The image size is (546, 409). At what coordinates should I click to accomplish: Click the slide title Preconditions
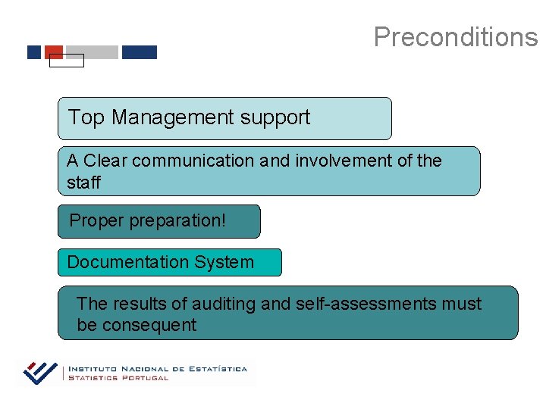(455, 36)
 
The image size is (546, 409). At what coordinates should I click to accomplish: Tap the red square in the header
(54, 52)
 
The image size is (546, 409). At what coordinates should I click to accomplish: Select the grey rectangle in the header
(92, 52)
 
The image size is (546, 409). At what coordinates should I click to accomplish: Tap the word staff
(83, 183)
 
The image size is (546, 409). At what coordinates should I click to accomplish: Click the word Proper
(96, 221)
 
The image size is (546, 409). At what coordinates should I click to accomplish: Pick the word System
(224, 262)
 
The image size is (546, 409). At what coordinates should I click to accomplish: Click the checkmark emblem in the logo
(41, 373)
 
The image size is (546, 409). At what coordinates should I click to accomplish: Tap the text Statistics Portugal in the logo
(118, 378)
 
